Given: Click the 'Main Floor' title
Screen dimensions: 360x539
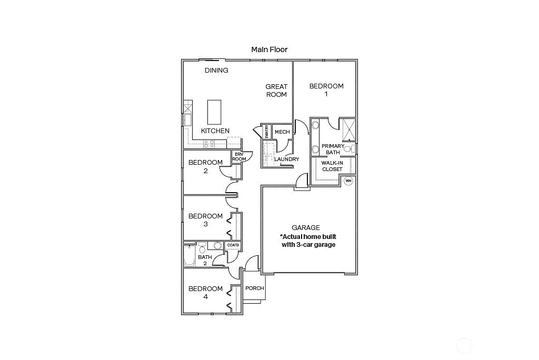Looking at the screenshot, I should (269, 49).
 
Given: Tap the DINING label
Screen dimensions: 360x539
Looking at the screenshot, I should (216, 70).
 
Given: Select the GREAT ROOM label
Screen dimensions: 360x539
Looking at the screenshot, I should (276, 91).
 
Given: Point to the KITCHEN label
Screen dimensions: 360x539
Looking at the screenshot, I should (215, 131).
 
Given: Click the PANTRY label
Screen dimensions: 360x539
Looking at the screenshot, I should (267, 132).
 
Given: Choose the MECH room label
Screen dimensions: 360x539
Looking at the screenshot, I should (282, 132).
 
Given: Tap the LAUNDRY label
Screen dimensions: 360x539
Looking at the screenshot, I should (286, 159).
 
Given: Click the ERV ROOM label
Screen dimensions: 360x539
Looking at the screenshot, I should (239, 157).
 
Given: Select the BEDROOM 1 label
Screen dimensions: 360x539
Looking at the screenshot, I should (326, 90).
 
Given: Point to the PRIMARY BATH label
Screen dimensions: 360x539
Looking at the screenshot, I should (333, 149).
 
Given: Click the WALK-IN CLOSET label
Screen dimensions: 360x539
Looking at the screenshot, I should (332, 166).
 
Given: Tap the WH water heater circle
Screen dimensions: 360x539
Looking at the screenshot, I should (348, 181).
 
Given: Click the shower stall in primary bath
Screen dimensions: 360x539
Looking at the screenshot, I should (348, 128).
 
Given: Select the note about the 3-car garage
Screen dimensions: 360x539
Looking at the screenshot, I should (307, 241).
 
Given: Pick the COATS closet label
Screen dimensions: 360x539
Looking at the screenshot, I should (233, 245).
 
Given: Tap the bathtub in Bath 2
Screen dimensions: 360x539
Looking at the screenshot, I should (189, 258).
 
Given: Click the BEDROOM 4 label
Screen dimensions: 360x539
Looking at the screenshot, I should (205, 293).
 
